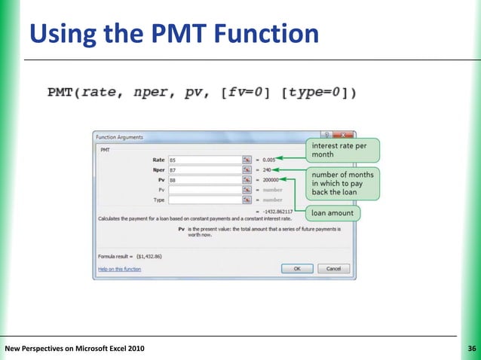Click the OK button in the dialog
click(x=298, y=268)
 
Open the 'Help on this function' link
click(x=121, y=268)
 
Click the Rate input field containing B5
click(x=204, y=160)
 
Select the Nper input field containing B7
click(x=204, y=170)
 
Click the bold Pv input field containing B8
click(x=204, y=181)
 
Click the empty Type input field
click(x=204, y=200)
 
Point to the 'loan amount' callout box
click(x=332, y=213)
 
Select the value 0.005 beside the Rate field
click(x=268, y=160)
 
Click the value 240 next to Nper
click(x=267, y=170)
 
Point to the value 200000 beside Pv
click(x=270, y=181)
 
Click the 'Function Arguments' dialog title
click(x=119, y=137)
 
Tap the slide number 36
click(x=472, y=348)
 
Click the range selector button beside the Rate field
click(x=246, y=160)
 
